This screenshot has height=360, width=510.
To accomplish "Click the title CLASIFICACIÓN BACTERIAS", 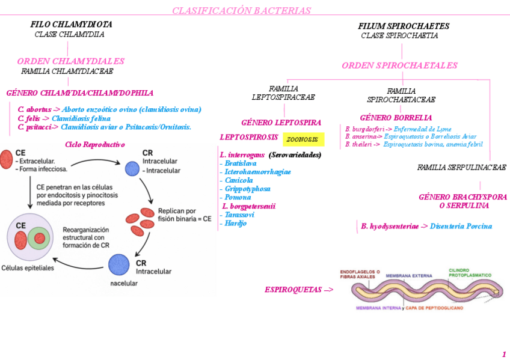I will click(x=241, y=11).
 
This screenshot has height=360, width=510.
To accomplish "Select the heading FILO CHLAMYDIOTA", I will click(x=71, y=25).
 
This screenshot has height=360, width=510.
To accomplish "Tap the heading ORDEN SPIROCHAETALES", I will click(x=399, y=66).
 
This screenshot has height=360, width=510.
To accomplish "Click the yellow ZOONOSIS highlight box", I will click(x=303, y=139).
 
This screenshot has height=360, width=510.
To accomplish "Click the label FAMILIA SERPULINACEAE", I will click(x=462, y=168).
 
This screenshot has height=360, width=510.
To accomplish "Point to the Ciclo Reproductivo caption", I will click(x=94, y=145).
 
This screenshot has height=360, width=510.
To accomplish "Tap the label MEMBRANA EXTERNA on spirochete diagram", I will click(x=408, y=276).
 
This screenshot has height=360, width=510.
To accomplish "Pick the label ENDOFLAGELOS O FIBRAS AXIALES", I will click(x=360, y=273).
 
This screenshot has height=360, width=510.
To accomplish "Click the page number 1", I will click(x=503, y=354).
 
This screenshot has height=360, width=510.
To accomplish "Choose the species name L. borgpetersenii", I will click(x=248, y=206).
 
